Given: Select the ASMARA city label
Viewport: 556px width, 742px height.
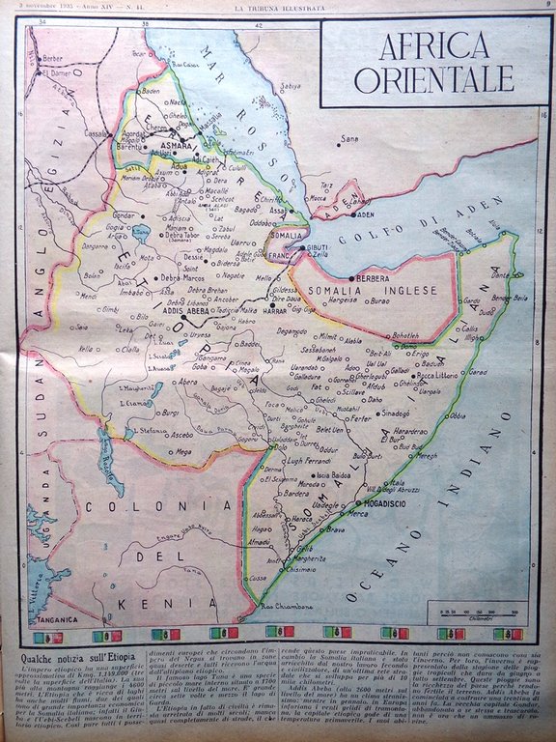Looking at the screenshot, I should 176,146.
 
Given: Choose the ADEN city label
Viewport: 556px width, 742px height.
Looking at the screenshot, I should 362,214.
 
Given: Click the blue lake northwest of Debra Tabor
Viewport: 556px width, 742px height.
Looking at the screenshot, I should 144,232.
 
